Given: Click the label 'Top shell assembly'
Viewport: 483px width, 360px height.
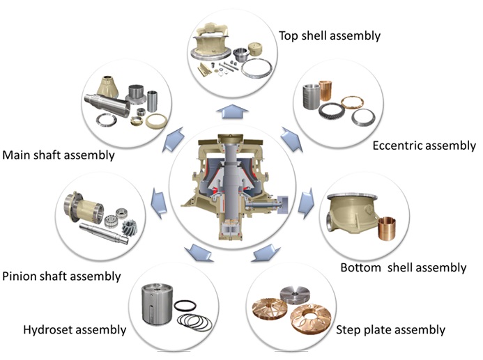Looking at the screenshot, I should pyautogui.click(x=330, y=35).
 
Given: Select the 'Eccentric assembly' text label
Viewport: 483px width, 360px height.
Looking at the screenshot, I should pyautogui.click(x=424, y=146).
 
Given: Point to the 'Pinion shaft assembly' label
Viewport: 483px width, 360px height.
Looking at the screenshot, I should pyautogui.click(x=61, y=276).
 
